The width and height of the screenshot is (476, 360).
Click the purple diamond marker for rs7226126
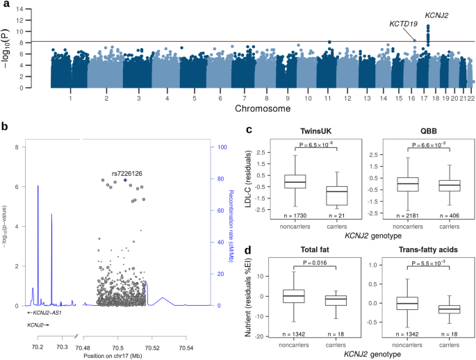(x=125, y=180)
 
